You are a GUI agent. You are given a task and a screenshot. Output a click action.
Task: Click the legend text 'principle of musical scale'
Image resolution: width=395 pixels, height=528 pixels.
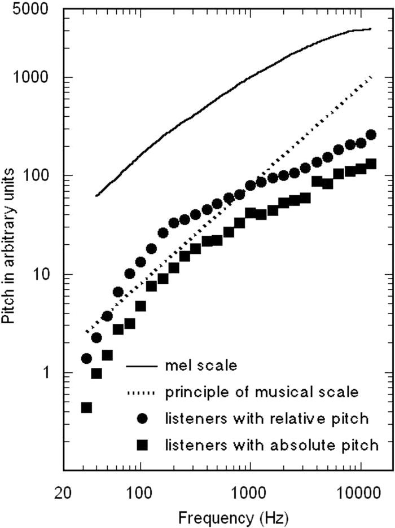coord(261,391)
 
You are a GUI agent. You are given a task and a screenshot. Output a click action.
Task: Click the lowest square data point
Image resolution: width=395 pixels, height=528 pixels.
coord(86,407)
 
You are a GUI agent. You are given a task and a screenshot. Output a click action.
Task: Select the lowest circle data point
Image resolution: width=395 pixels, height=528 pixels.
coord(86,358)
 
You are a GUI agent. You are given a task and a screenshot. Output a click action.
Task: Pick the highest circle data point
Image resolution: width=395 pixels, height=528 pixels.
coord(371,134)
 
